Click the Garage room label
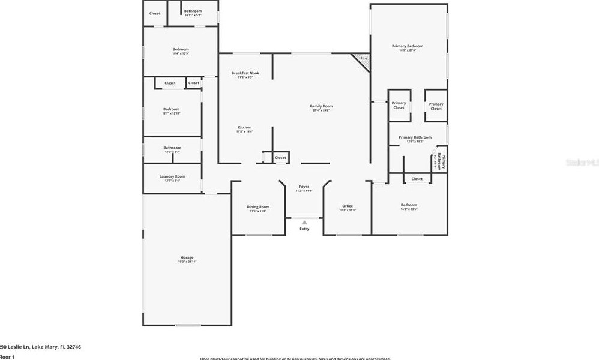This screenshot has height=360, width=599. pyautogui.click(x=187, y=257)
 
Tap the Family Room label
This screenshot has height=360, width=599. pyautogui.click(x=322, y=106)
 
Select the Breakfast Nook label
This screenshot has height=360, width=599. pyautogui.click(x=245, y=73)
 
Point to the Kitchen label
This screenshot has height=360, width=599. pyautogui.click(x=245, y=127)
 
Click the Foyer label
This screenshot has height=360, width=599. pyautogui.click(x=304, y=187)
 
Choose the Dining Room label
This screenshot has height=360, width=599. pyautogui.click(x=258, y=207)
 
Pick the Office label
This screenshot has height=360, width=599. pyautogui.click(x=348, y=206)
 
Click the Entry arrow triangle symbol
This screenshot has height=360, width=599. pyautogui.click(x=304, y=223)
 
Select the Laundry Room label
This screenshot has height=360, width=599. pyautogui.click(x=172, y=176)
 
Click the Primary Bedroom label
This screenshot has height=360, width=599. pyautogui.click(x=408, y=46)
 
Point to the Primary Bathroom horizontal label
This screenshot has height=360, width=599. pyautogui.click(x=415, y=137)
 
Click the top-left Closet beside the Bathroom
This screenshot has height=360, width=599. pyautogui.click(x=155, y=13)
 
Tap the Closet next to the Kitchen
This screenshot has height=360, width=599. pyautogui.click(x=280, y=158)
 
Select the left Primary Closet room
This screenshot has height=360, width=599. pyautogui.click(x=399, y=106)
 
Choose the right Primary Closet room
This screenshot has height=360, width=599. pyautogui.click(x=436, y=106)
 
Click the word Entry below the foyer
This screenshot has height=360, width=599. pyautogui.click(x=304, y=229)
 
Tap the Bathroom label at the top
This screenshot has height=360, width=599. pyautogui.click(x=193, y=11)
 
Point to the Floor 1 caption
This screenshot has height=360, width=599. pyautogui.click(x=7, y=357)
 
